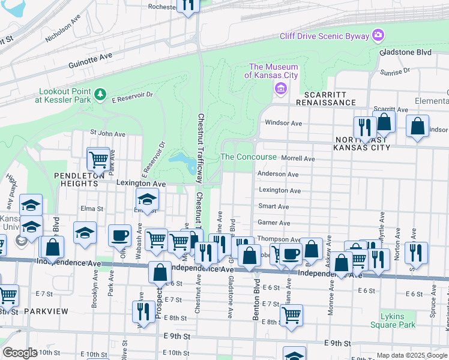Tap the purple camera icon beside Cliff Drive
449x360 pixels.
click(378, 35)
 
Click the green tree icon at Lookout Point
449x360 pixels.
click(100, 94)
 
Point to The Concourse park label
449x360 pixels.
click(249, 157)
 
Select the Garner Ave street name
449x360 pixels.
click(274, 223)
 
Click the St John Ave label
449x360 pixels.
click(107, 133)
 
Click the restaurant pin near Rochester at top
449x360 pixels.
click(189, 5)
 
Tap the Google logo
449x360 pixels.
click(20, 352)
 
